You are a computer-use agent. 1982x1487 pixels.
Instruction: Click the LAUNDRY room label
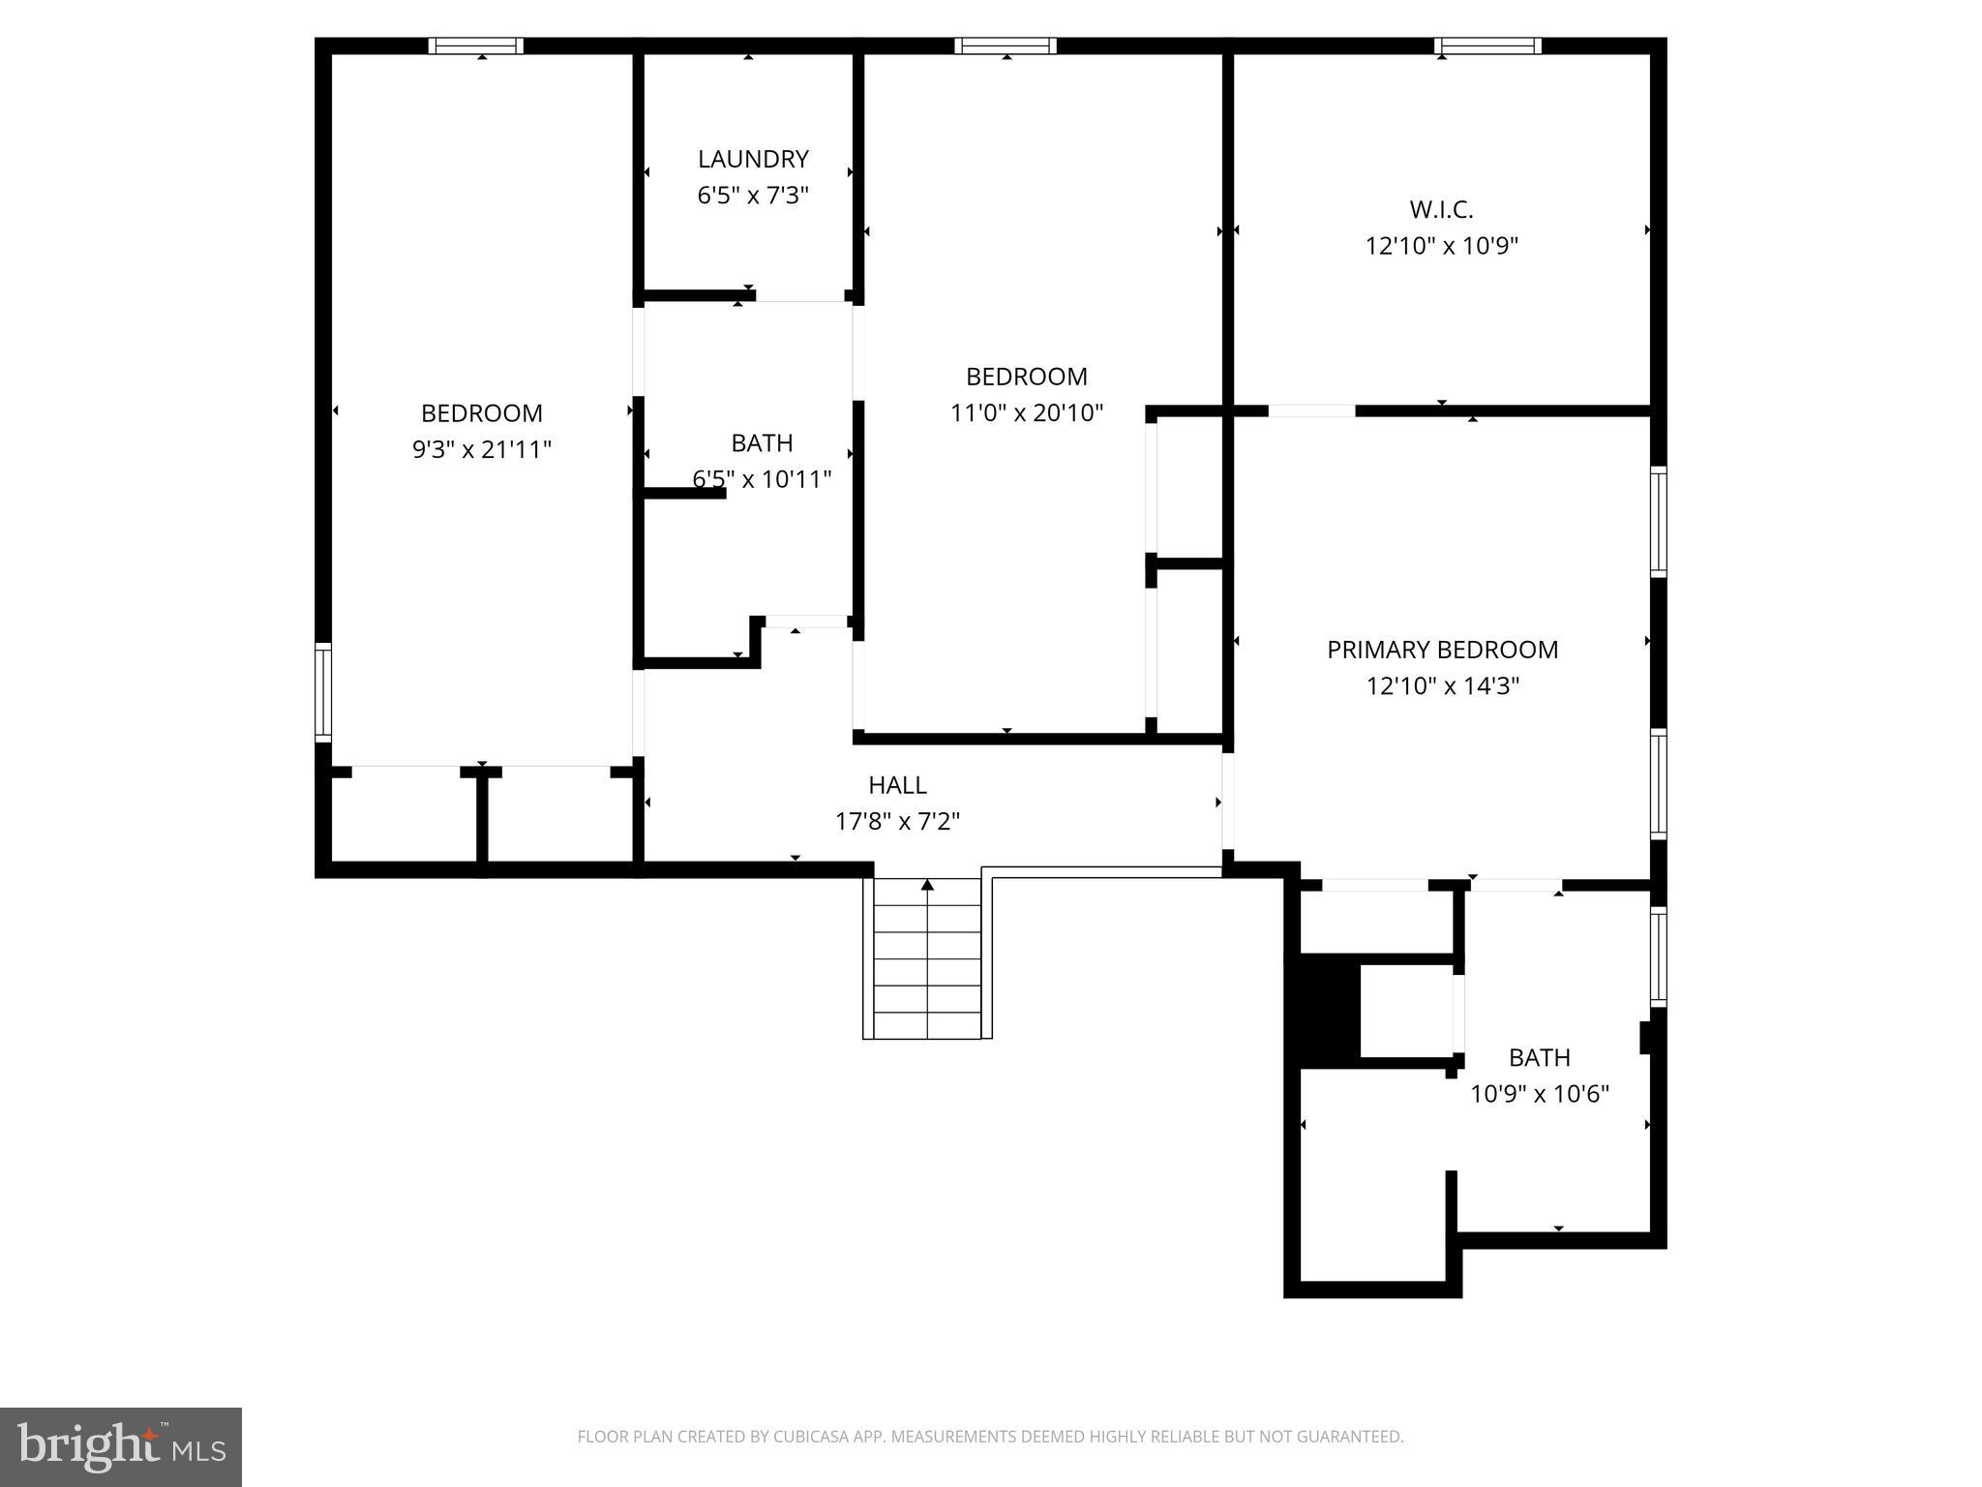pos(753,159)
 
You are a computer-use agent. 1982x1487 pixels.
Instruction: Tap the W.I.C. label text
pos(1441,209)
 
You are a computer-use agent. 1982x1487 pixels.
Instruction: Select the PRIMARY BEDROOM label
pos(1442,650)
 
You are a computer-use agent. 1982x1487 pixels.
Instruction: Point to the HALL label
pos(897,785)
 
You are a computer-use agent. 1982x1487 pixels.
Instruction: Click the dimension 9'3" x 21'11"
pos(482,450)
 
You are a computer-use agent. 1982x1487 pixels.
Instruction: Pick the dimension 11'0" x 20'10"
pos(1027,413)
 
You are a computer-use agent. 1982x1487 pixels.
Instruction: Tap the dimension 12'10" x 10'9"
pos(1441,246)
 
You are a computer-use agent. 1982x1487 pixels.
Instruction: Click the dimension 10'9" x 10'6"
pos(1539,1094)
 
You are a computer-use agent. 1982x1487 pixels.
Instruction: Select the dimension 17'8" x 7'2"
pos(897,822)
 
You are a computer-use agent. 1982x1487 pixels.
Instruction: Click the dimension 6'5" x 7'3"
pos(753,196)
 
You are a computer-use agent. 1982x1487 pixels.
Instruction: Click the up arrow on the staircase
pos(927,885)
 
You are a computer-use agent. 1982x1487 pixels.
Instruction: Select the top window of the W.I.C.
pos(1487,46)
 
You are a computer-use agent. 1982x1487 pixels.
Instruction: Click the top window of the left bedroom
pos(476,46)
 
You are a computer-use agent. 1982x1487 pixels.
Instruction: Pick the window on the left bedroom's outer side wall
pos(323,692)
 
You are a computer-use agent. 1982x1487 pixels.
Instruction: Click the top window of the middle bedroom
pos(1006,46)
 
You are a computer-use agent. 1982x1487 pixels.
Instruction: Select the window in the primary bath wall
pos(1658,956)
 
